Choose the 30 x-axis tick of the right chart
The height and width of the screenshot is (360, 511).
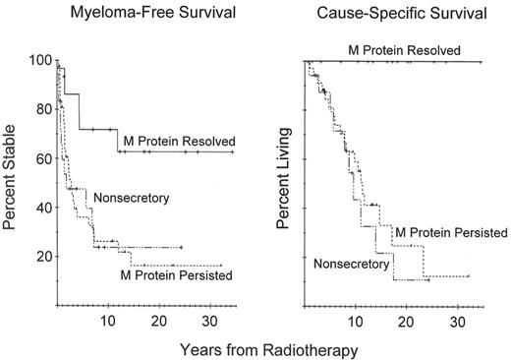click(456, 321)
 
